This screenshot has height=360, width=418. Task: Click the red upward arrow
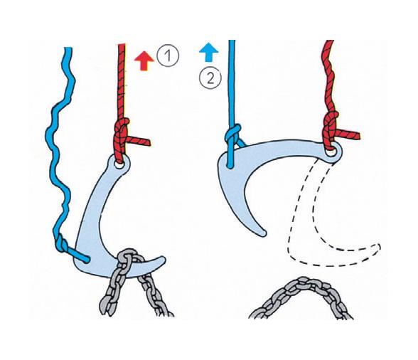pyautogui.click(x=144, y=60)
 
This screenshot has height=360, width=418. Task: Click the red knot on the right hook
pyautogui.click(x=332, y=128)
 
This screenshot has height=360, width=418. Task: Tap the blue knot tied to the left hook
pyautogui.click(x=65, y=246)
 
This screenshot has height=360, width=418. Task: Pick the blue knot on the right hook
pyautogui.click(x=232, y=137)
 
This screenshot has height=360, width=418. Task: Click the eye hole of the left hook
pyautogui.click(x=118, y=162)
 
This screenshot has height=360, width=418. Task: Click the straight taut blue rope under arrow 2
pyautogui.click(x=230, y=85)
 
